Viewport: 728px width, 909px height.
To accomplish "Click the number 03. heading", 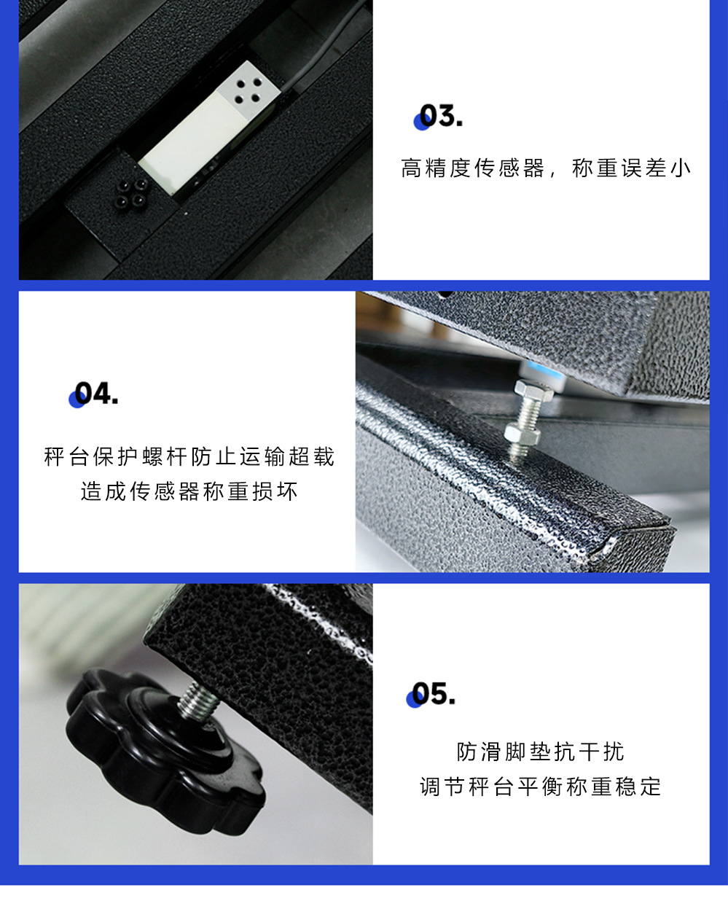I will point(440,117).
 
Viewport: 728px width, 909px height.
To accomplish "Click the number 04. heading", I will point(96,394).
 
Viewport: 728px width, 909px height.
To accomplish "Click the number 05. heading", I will point(433,694).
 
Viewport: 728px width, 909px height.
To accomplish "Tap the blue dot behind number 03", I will point(420,122).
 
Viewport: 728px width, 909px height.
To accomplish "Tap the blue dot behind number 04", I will point(76,399).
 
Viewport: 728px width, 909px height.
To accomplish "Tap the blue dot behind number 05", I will point(413,700).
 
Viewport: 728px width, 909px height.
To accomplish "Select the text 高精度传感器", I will point(472,168).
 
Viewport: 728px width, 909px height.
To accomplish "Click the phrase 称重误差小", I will point(631,168).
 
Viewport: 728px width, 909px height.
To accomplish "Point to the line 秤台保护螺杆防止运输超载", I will point(189,457).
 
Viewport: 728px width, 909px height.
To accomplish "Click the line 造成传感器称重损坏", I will point(189,491).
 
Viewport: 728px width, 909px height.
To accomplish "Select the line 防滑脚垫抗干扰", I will point(540,751).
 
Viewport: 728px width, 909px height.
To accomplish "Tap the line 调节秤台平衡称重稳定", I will point(540,787).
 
